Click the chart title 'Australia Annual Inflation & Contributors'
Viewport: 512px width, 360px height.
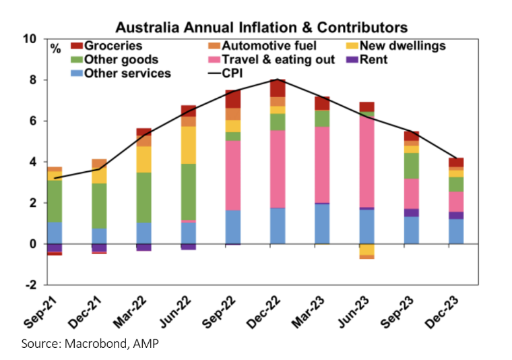pyautogui.click(x=261, y=28)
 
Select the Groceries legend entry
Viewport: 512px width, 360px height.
pyautogui.click(x=111, y=46)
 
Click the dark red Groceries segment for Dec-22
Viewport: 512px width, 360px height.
pyautogui.click(x=278, y=88)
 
